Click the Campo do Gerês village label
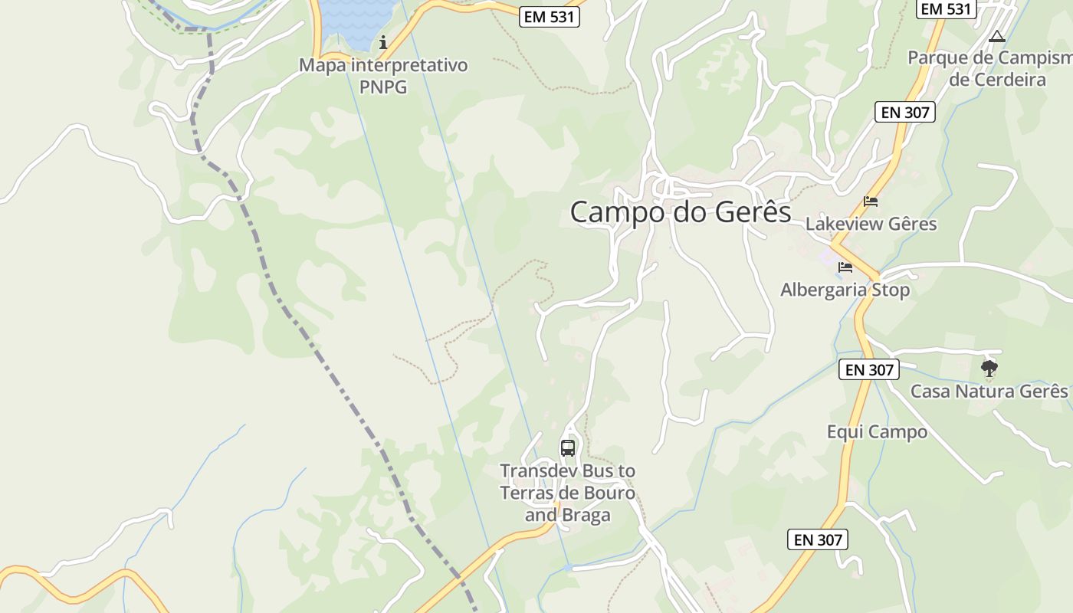681,212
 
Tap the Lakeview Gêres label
871,225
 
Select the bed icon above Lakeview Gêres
871,202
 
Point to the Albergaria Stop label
845,290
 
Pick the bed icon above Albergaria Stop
845,267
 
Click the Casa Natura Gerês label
989,392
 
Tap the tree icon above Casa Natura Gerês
989,369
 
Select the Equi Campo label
877,432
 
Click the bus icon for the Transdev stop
568,448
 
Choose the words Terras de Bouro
568,493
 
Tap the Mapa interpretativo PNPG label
383,76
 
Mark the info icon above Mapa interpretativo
383,41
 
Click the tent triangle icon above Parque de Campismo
996,36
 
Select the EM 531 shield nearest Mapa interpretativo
550,17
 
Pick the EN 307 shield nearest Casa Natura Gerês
868,369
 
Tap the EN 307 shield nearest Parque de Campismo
905,113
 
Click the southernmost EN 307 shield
818,539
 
